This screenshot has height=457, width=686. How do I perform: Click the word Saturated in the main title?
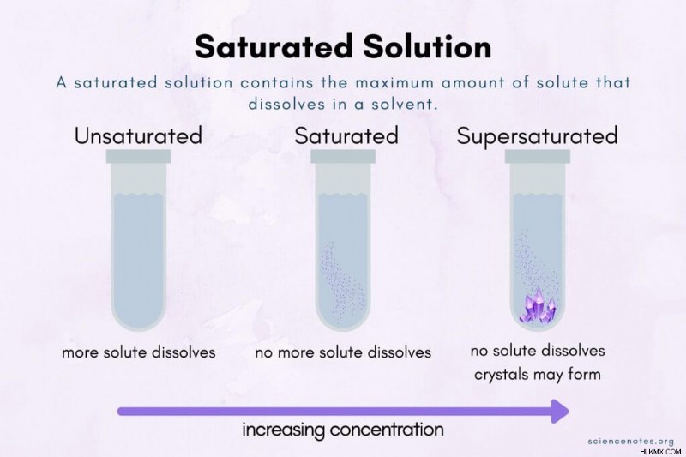tap(274, 46)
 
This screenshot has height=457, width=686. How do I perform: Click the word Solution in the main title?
tap(427, 46)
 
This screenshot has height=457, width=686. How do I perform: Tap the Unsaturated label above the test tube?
tap(138, 135)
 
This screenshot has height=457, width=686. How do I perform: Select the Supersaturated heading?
tap(538, 136)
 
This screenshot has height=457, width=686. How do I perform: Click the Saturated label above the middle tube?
tap(346, 135)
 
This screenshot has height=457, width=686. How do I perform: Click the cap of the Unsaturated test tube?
tap(138, 157)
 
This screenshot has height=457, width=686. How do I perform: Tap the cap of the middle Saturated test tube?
tap(343, 157)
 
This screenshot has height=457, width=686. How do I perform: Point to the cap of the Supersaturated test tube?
tap(538, 157)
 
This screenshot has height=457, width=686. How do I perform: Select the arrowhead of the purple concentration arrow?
tap(560, 411)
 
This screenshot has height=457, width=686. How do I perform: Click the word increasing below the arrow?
tap(283, 430)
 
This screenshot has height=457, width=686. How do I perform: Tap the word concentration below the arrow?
tap(387, 429)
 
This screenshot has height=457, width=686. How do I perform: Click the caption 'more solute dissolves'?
tap(139, 352)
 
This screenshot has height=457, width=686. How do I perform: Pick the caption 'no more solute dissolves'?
tap(343, 352)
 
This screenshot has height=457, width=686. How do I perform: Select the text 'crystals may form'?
tap(538, 375)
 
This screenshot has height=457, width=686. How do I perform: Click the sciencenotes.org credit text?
tap(630, 441)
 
